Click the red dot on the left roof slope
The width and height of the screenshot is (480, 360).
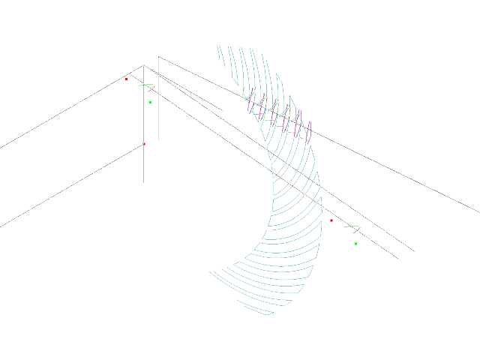pyautogui.click(x=126, y=78)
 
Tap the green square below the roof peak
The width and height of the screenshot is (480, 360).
pyautogui.click(x=150, y=102)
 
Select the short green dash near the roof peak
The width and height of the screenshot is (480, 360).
pyautogui.click(x=145, y=85)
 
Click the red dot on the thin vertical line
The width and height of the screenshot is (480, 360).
pyautogui.click(x=144, y=143)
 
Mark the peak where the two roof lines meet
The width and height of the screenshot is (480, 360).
pyautogui.click(x=144, y=65)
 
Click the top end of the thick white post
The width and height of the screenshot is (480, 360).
pyautogui.click(x=158, y=58)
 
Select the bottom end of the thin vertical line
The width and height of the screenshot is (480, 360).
pyautogui.click(x=144, y=182)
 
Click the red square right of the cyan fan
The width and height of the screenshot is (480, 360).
pyautogui.click(x=331, y=220)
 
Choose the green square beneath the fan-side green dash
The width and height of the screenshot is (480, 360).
pyautogui.click(x=355, y=243)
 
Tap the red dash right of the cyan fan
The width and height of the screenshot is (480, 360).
pyautogui.click(x=355, y=229)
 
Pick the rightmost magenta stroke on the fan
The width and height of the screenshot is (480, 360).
pyautogui.click(x=309, y=132)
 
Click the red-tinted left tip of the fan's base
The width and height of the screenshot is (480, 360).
pyautogui.click(x=211, y=271)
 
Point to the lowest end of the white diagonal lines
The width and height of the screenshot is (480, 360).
pyautogui.click(x=397, y=259)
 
